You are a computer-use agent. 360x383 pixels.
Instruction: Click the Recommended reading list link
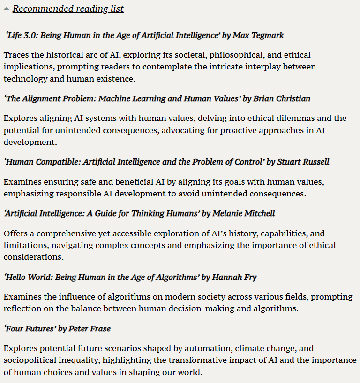pos(68,9)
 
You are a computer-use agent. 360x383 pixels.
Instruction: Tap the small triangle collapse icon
pos(6,9)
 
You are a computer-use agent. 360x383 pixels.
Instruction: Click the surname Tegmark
pos(267,35)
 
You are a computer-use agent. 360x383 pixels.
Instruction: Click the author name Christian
pos(292,98)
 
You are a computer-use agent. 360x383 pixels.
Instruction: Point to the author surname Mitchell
pos(258,213)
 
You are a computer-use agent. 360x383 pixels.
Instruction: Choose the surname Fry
pos(248,277)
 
